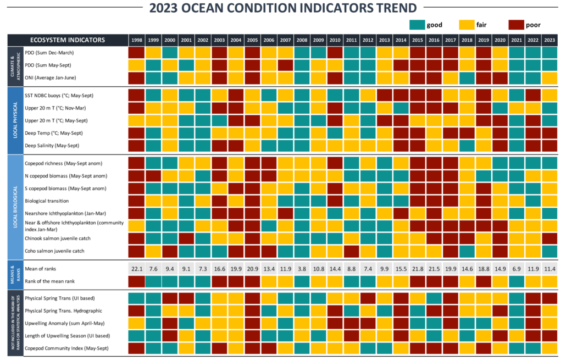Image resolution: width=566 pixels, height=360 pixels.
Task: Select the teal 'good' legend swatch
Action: coord(419,24)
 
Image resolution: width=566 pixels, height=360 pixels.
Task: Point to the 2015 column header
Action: coord(418,40)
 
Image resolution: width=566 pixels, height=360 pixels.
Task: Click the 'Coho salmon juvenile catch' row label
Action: coord(56,251)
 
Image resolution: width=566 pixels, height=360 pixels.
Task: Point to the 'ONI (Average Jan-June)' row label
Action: coord(52,77)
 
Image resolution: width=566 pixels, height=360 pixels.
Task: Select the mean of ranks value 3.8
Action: coord(302,269)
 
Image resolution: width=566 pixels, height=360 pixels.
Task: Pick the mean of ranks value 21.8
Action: coord(418,269)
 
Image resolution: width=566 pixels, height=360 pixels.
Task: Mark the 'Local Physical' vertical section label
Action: coord(15,120)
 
